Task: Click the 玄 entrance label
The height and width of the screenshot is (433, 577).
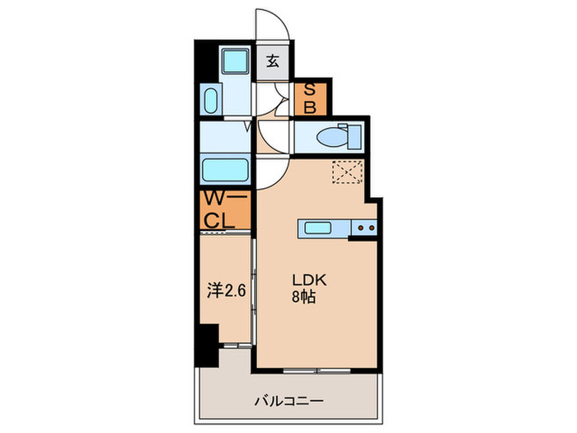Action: [x=272, y=61]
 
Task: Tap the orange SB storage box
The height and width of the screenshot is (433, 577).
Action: [x=310, y=99]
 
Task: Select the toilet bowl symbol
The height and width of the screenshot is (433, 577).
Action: [x=331, y=138]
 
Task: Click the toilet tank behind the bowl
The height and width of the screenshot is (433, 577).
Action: [x=354, y=137]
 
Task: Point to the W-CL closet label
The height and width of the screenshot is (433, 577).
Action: [x=225, y=209]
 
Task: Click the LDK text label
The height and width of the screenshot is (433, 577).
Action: [x=309, y=280]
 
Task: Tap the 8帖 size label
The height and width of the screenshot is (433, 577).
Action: [x=304, y=297]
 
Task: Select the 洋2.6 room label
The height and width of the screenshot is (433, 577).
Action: [x=226, y=290]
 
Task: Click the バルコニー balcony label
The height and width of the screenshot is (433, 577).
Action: [x=289, y=401]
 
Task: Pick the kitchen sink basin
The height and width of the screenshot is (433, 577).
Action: [x=318, y=228]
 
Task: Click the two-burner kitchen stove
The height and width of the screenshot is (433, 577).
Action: [x=364, y=228]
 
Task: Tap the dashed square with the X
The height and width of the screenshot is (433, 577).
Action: [x=348, y=172]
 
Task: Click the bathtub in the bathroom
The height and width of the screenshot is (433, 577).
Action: [x=225, y=169]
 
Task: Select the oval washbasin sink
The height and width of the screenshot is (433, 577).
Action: [x=211, y=101]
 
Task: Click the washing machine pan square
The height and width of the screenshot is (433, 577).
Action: [x=236, y=59]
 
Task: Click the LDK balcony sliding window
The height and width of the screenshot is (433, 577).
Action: [x=317, y=370]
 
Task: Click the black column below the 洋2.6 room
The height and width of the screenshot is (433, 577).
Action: [x=207, y=345]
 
